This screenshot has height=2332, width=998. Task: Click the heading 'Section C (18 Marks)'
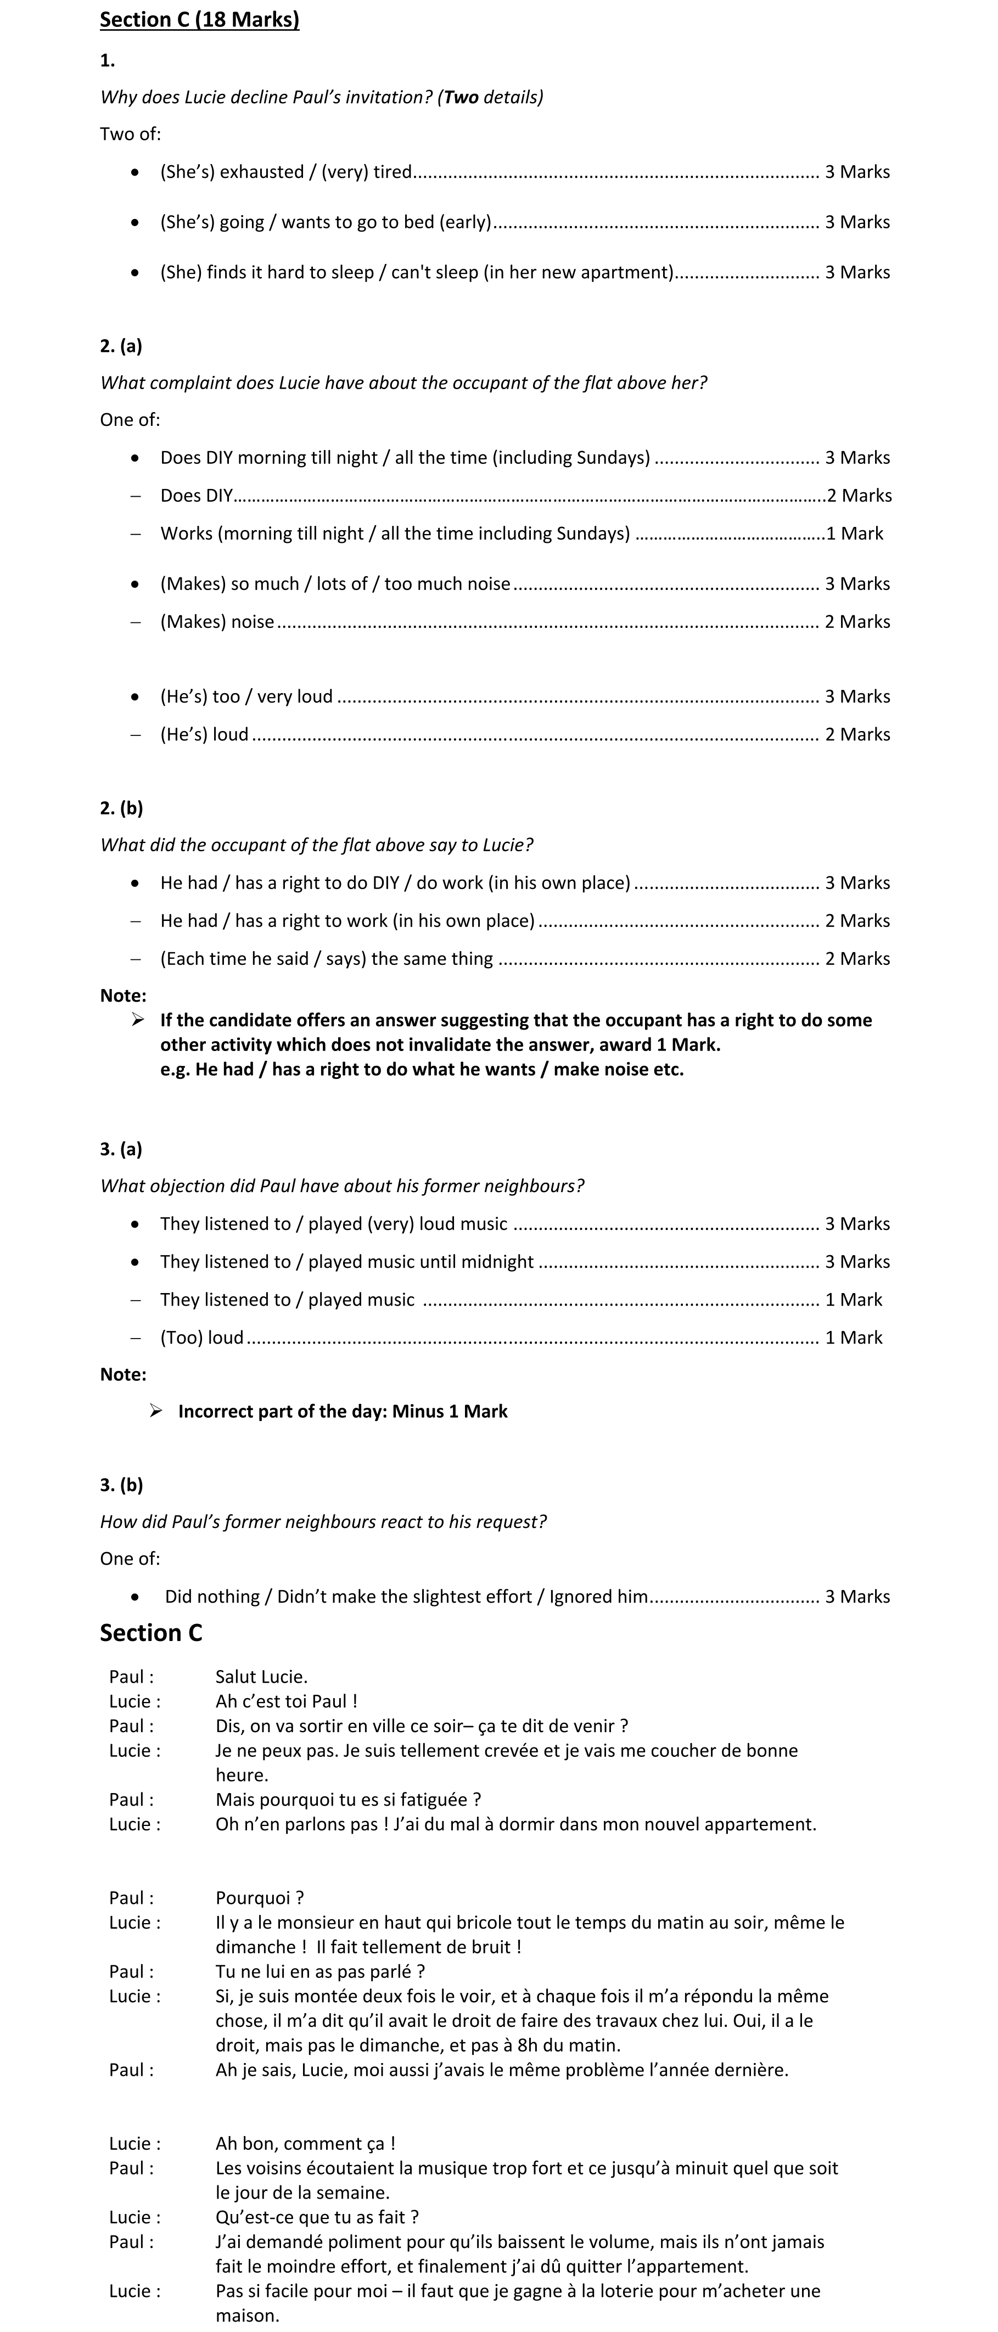[199, 20]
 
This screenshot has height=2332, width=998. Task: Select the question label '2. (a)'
[121, 346]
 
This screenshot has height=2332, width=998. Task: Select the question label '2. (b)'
[121, 807]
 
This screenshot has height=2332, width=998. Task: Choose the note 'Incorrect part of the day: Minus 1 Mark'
[343, 1412]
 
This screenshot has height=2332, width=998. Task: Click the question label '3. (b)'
[121, 1485]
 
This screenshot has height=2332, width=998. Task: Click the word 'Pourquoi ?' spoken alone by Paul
[260, 1897]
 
